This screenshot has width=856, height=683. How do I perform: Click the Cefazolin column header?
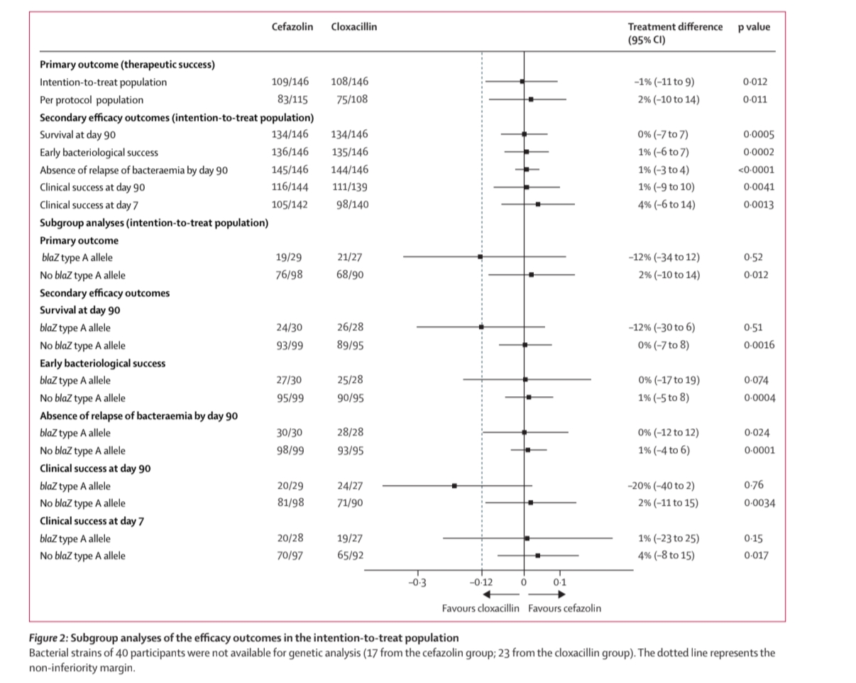pyautogui.click(x=292, y=27)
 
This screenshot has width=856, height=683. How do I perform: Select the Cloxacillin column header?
pyautogui.click(x=353, y=27)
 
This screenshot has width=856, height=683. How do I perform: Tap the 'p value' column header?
pyautogui.click(x=753, y=27)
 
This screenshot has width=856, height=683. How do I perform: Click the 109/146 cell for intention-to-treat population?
pyautogui.click(x=290, y=82)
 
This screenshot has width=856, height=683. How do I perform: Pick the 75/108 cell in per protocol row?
pyautogui.click(x=353, y=99)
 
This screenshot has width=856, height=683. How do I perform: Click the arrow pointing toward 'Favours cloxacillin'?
pyautogui.click(x=501, y=595)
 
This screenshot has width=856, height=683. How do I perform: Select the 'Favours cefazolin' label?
pyautogui.click(x=564, y=608)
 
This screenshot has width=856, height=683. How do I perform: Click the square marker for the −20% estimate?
pyautogui.click(x=454, y=486)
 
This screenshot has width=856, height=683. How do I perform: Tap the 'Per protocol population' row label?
pyautogui.click(x=92, y=99)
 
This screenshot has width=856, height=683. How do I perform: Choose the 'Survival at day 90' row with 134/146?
pyautogui.click(x=78, y=134)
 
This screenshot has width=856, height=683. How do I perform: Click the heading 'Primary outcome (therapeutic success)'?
pyautogui.click(x=127, y=65)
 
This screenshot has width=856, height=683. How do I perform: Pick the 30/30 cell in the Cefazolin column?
pyautogui.click(x=289, y=433)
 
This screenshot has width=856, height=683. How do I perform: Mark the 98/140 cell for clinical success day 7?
pyautogui.click(x=353, y=204)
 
